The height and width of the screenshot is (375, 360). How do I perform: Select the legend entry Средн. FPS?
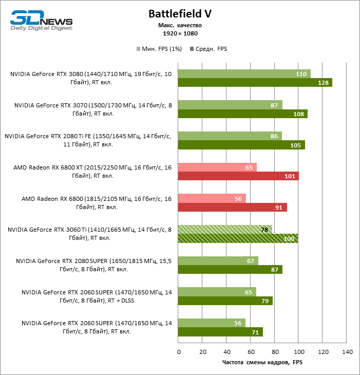click(209, 49)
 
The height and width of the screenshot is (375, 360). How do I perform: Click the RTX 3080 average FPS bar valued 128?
click(255, 83)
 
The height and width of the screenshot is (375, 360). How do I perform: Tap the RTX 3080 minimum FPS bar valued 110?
click(244, 74)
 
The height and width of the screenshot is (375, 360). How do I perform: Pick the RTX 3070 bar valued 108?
click(242, 114)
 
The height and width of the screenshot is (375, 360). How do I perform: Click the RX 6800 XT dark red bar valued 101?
click(238, 176)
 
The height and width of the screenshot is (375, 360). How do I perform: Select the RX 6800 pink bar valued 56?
click(212, 198)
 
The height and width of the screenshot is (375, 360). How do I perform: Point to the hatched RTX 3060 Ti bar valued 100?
click(238, 238)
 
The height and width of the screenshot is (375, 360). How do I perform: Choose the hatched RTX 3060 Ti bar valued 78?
click(224, 230)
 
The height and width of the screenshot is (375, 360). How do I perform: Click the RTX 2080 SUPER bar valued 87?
click(230, 270)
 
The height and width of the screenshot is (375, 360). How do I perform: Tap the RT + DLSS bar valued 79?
click(225, 301)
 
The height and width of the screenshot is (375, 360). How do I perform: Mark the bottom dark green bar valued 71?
click(220, 332)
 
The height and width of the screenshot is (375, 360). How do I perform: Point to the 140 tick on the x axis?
click(347, 352)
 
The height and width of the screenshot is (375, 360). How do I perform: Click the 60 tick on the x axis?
click(251, 352)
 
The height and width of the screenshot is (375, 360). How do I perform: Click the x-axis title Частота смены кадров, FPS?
click(262, 363)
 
